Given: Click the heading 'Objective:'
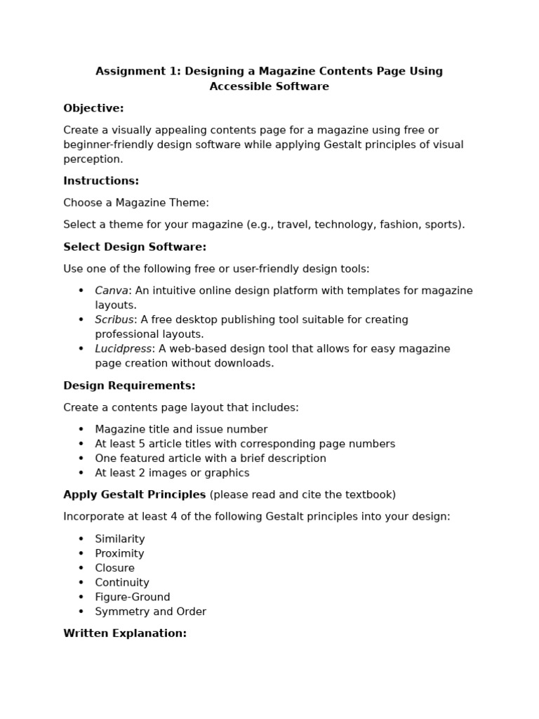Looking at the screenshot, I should point(93,108).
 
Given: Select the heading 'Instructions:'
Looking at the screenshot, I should point(101,181).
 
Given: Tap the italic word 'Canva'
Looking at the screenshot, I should point(112,291).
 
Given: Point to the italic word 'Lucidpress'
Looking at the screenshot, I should point(124,349).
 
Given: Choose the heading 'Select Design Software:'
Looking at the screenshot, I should point(135,247).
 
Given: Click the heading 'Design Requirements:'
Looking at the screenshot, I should point(129,385).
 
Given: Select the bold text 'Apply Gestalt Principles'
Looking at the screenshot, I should point(134,495).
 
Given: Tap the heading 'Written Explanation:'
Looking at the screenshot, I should point(125,633).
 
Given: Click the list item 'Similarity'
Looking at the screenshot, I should point(120,539).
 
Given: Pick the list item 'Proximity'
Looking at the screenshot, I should point(119,554).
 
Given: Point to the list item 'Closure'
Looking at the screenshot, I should point(114,568).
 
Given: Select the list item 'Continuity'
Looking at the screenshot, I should point(122,583).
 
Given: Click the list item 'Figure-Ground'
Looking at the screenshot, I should point(133,598).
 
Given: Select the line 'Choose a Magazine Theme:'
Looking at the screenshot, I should point(136,203).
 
